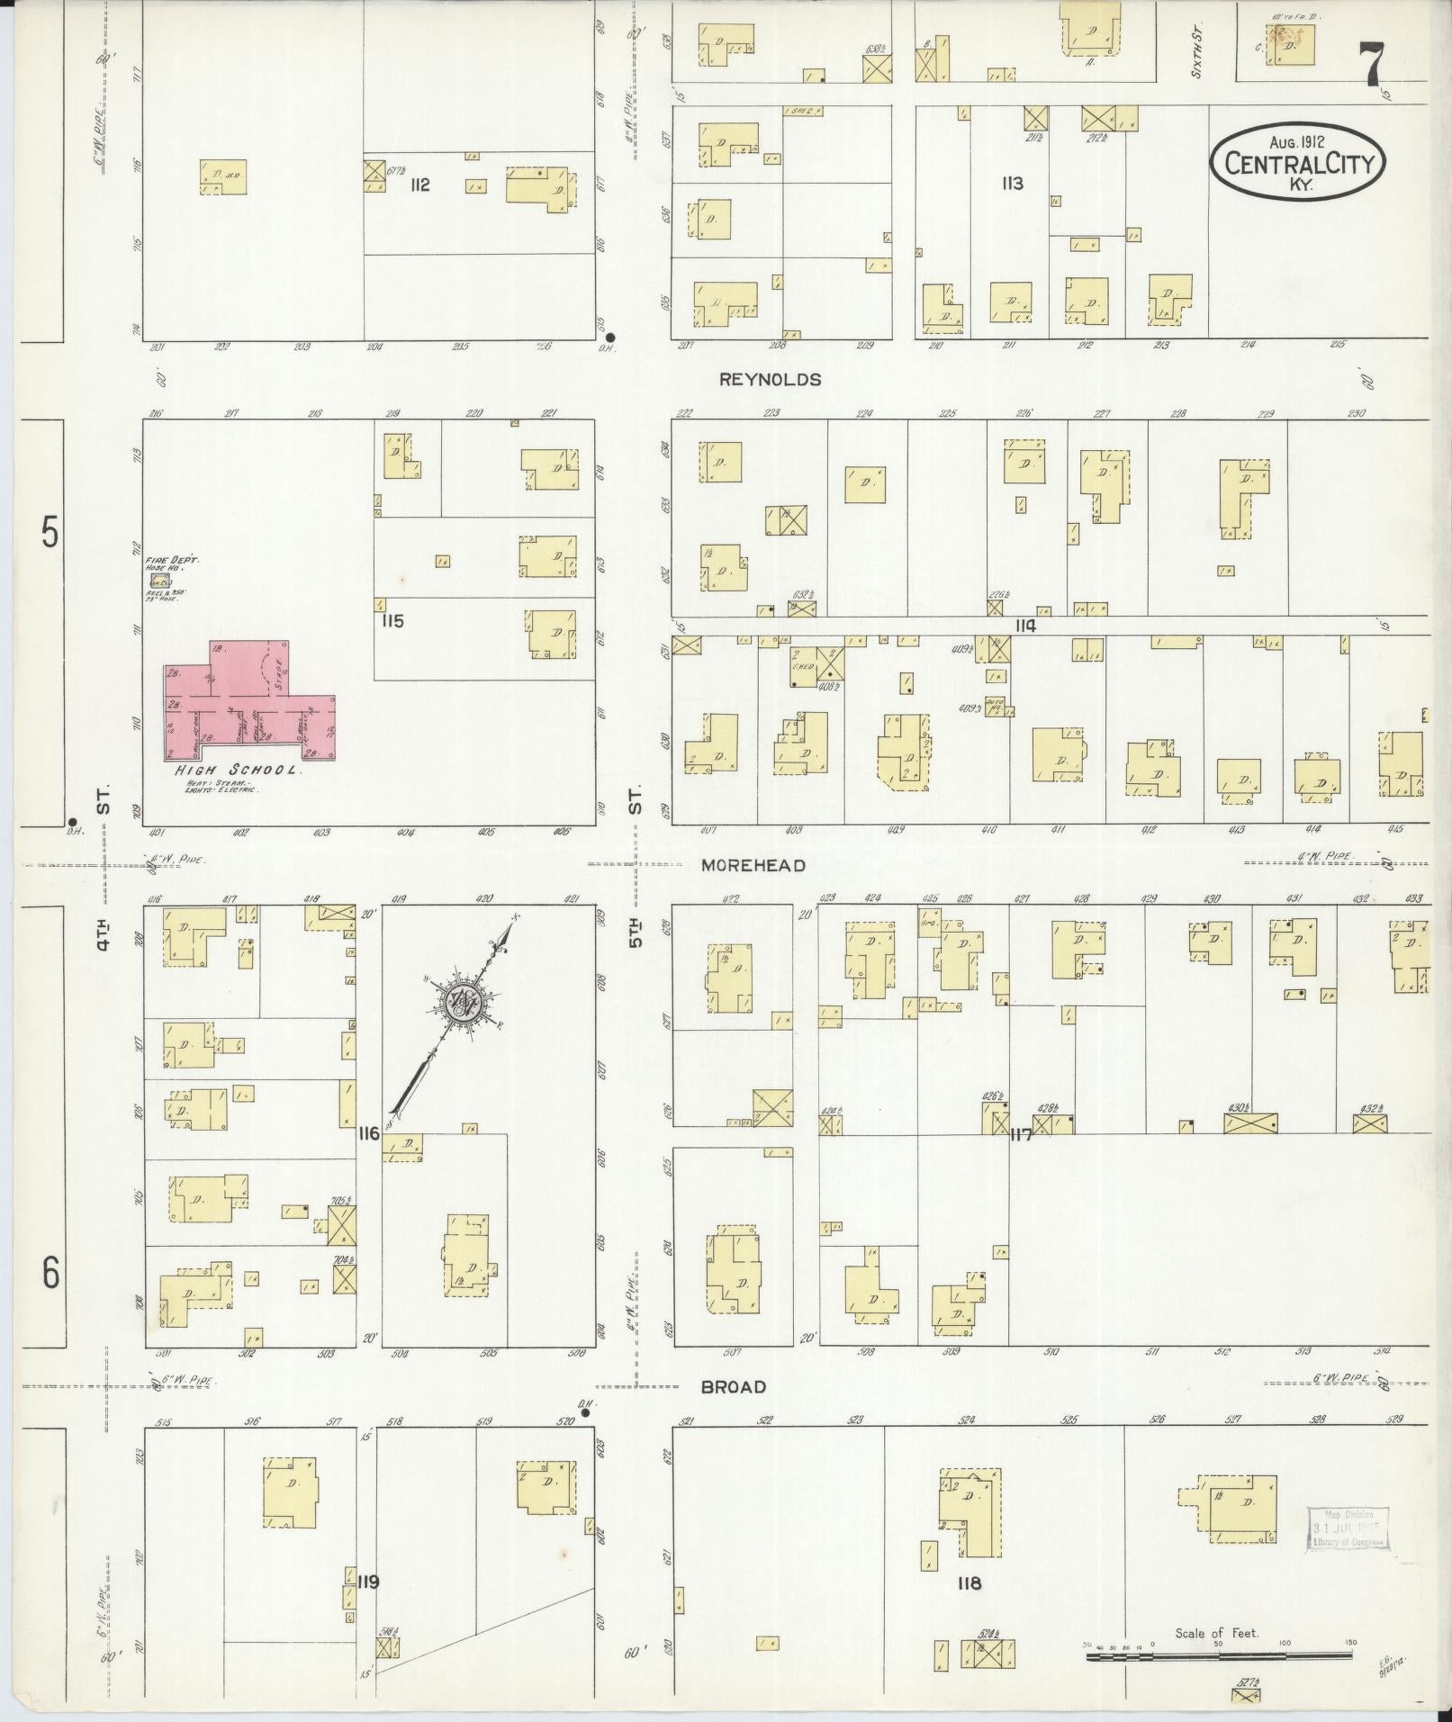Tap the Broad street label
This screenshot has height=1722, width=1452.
click(x=734, y=1387)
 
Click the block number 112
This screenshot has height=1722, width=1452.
click(x=419, y=185)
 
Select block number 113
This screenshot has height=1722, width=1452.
click(x=1013, y=184)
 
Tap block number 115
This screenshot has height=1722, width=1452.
click(x=392, y=621)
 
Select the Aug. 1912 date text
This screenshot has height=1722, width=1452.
click(x=1297, y=141)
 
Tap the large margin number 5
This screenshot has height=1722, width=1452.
click(x=50, y=533)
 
